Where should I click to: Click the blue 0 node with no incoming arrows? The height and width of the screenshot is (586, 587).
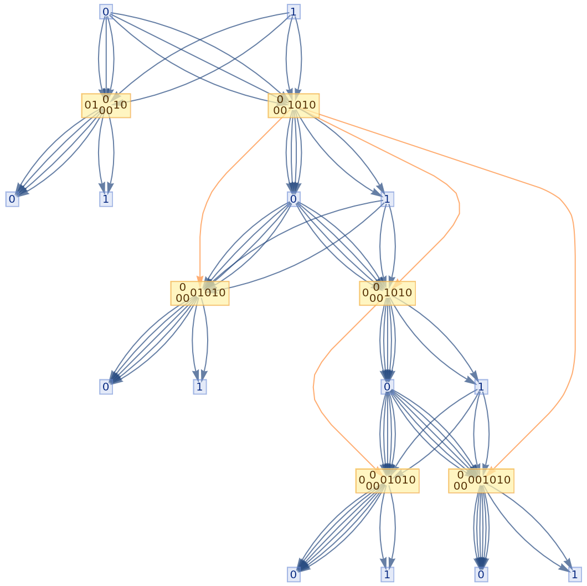pos(106,12)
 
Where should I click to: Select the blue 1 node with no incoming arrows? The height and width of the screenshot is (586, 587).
pos(293,12)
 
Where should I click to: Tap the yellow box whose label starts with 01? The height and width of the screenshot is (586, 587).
pos(106,105)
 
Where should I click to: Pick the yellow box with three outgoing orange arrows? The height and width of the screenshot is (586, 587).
pos(293,105)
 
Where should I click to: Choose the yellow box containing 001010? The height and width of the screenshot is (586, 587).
pos(481,480)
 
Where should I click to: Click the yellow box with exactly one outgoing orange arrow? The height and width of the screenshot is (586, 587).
pos(387,293)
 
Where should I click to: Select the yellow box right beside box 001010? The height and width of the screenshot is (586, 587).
pos(387,480)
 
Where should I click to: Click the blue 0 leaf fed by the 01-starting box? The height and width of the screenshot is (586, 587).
pos(12,199)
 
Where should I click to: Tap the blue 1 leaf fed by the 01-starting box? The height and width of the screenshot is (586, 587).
pos(106,199)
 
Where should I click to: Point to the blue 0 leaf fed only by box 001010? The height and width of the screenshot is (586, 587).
pos(481,574)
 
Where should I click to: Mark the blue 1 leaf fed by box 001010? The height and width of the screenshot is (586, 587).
pos(575,574)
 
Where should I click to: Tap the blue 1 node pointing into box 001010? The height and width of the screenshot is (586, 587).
pos(481,387)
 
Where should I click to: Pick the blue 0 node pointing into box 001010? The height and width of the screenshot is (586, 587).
pos(387,387)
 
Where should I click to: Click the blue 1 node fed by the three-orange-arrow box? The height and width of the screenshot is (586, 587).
pos(387,199)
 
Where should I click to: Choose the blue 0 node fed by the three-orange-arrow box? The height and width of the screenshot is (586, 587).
pos(293,199)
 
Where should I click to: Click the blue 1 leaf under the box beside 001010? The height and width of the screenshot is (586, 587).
pos(387,574)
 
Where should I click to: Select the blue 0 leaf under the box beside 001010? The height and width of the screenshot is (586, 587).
pos(293,574)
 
